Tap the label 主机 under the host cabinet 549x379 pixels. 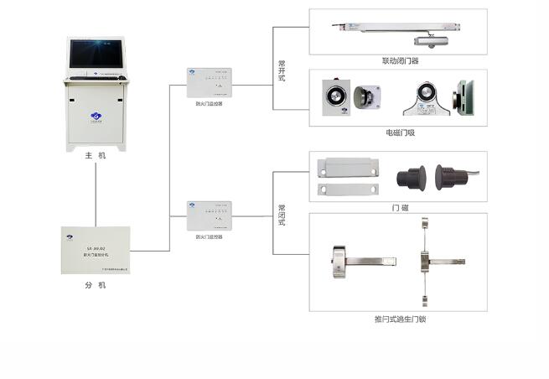95,157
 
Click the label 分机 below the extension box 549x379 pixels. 95,284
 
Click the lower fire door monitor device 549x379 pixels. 209,217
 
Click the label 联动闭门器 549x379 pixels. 400,60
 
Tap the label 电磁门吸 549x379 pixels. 400,132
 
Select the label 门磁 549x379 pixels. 400,206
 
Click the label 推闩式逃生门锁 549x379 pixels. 400,319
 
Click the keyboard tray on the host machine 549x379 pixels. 95,78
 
